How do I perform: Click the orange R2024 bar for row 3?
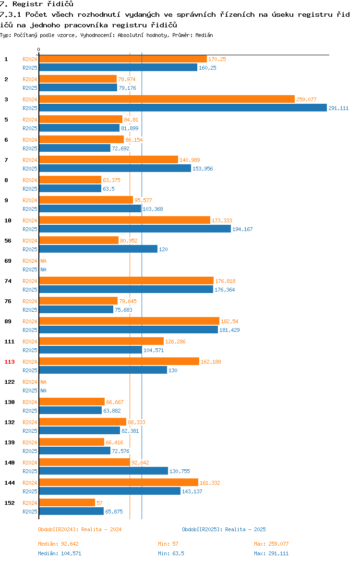(167, 99)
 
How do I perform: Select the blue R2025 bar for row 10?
(135, 229)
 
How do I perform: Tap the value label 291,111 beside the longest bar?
(338, 108)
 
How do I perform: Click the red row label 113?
(10, 362)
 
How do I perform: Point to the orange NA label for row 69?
(43, 261)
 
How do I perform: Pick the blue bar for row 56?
(98, 249)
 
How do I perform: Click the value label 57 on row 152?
(99, 503)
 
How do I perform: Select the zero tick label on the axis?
(39, 49)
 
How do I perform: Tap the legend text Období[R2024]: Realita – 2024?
(80, 529)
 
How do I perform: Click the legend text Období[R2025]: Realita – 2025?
(224, 529)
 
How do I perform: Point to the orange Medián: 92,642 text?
(59, 544)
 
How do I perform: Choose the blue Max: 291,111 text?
(271, 553)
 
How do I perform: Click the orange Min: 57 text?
(168, 544)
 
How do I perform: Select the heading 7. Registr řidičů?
(36, 4)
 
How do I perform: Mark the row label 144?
(10, 483)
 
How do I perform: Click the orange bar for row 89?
(129, 321)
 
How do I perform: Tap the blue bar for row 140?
(104, 471)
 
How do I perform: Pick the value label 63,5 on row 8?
(109, 188)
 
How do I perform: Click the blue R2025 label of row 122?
(30, 391)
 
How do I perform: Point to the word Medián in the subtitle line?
(204, 35)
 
